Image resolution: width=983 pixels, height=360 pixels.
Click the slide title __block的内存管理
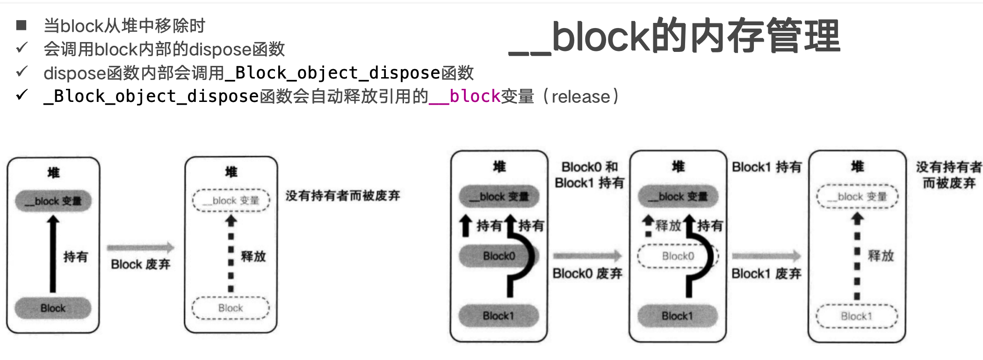[x=674, y=36]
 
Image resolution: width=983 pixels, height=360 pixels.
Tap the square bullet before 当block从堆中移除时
[x=21, y=25]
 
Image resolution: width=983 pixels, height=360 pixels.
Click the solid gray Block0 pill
[x=499, y=256]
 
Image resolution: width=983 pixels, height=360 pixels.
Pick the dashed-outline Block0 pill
[x=678, y=256]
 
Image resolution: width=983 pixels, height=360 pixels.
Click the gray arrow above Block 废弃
[x=140, y=248]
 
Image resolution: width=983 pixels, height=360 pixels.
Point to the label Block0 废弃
[x=587, y=274]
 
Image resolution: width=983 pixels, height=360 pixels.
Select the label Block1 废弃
[x=766, y=274]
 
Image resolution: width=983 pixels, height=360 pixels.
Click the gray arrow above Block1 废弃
[x=766, y=256]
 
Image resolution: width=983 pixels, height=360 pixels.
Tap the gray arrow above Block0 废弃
[x=587, y=256]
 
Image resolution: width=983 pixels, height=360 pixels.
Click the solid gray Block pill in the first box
[x=53, y=308]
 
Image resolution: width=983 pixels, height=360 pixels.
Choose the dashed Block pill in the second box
[x=231, y=308]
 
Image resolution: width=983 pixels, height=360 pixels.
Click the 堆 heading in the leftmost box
[x=53, y=173]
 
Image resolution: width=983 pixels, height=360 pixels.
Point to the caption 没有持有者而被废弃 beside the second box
[x=343, y=195]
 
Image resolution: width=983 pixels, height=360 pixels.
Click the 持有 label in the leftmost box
[x=76, y=257]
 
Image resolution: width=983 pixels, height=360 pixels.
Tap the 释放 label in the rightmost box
[x=881, y=256]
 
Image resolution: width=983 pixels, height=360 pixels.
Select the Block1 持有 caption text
[x=767, y=167]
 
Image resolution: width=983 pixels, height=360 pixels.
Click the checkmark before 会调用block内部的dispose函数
[x=22, y=48]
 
